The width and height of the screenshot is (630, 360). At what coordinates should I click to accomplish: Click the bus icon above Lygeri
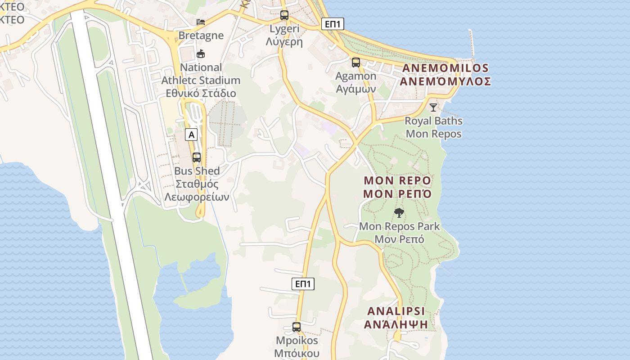tap(284, 15)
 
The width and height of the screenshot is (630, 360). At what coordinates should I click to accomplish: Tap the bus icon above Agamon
tap(356, 62)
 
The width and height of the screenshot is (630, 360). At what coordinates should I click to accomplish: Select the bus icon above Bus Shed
tap(197, 157)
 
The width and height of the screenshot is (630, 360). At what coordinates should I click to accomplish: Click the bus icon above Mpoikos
tap(297, 327)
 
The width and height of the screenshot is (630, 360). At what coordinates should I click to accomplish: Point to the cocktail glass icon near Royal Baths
tap(433, 108)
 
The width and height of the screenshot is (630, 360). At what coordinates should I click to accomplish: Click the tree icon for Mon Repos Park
tap(399, 213)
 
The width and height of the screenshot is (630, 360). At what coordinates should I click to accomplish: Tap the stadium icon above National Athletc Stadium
tap(201, 54)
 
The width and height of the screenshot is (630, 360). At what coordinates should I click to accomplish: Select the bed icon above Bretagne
tap(201, 22)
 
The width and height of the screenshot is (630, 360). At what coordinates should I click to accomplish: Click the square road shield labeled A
tap(192, 134)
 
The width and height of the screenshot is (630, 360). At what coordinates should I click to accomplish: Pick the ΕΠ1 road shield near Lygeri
tap(333, 24)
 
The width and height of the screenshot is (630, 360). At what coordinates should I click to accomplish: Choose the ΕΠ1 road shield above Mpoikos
tap(303, 284)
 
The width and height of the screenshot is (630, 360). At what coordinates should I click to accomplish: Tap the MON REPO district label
tap(397, 180)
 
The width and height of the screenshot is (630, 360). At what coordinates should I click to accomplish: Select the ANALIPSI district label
tap(396, 311)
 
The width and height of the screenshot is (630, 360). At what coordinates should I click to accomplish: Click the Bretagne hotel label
tap(201, 35)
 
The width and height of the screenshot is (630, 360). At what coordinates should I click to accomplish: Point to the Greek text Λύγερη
tap(284, 42)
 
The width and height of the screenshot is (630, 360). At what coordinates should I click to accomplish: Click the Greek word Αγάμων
tap(356, 89)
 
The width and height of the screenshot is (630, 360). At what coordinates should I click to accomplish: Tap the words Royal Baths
tap(433, 121)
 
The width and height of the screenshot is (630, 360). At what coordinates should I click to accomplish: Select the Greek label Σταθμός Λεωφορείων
tap(197, 190)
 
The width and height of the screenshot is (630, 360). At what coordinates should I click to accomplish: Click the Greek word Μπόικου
tap(297, 353)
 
